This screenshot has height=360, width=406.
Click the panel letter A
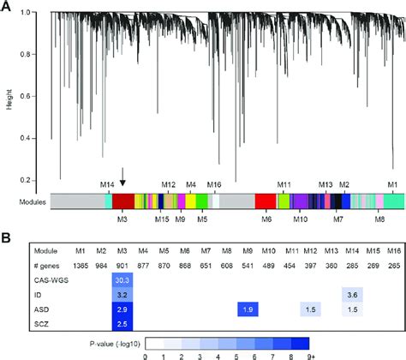[7, 8]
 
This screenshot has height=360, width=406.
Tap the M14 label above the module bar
[107, 184]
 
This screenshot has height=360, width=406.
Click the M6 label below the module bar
[266, 219]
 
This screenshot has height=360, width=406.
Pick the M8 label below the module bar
[379, 219]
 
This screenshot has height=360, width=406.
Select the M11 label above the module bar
[284, 184]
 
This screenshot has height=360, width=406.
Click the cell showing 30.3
[122, 279]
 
